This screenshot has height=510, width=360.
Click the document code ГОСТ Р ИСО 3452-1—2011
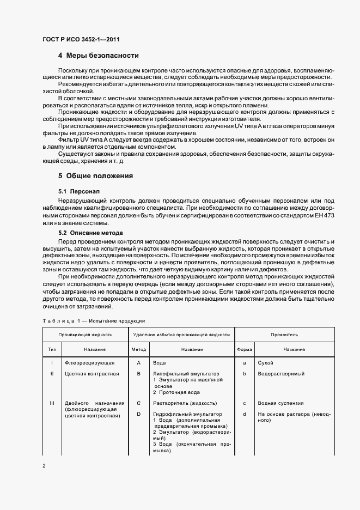point(81,39)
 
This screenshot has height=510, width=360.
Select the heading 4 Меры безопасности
point(98,56)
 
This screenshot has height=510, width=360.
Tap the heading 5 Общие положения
point(95,176)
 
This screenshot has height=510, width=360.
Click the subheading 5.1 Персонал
point(79,192)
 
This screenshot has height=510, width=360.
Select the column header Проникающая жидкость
point(86,334)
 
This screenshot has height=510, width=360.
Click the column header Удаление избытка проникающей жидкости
point(181,334)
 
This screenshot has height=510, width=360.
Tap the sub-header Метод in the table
point(139,349)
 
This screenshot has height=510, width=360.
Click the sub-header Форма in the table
point(245,349)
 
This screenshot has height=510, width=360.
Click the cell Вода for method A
point(160,363)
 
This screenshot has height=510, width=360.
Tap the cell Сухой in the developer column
point(266,363)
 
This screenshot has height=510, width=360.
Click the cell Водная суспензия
point(280,403)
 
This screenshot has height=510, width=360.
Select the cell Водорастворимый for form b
point(280,374)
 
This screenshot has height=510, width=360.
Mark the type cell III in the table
point(52,403)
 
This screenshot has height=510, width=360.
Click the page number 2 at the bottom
point(44,466)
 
